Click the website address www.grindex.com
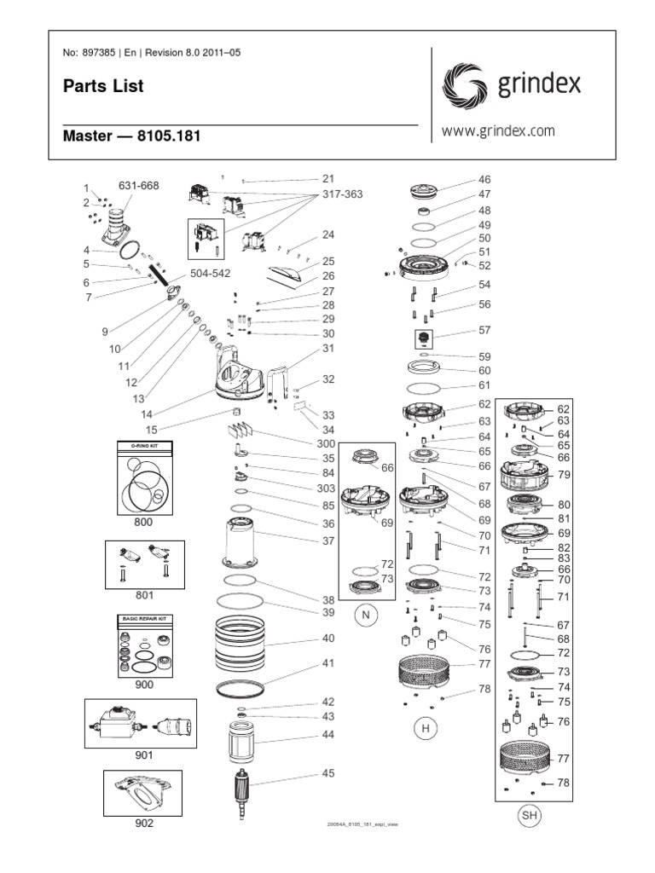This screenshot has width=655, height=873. (x=498, y=131)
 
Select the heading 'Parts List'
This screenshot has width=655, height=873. (x=91, y=86)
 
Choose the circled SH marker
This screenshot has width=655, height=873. (x=530, y=817)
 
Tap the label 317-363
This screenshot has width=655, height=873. (x=341, y=194)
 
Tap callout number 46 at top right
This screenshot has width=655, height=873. (x=484, y=180)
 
